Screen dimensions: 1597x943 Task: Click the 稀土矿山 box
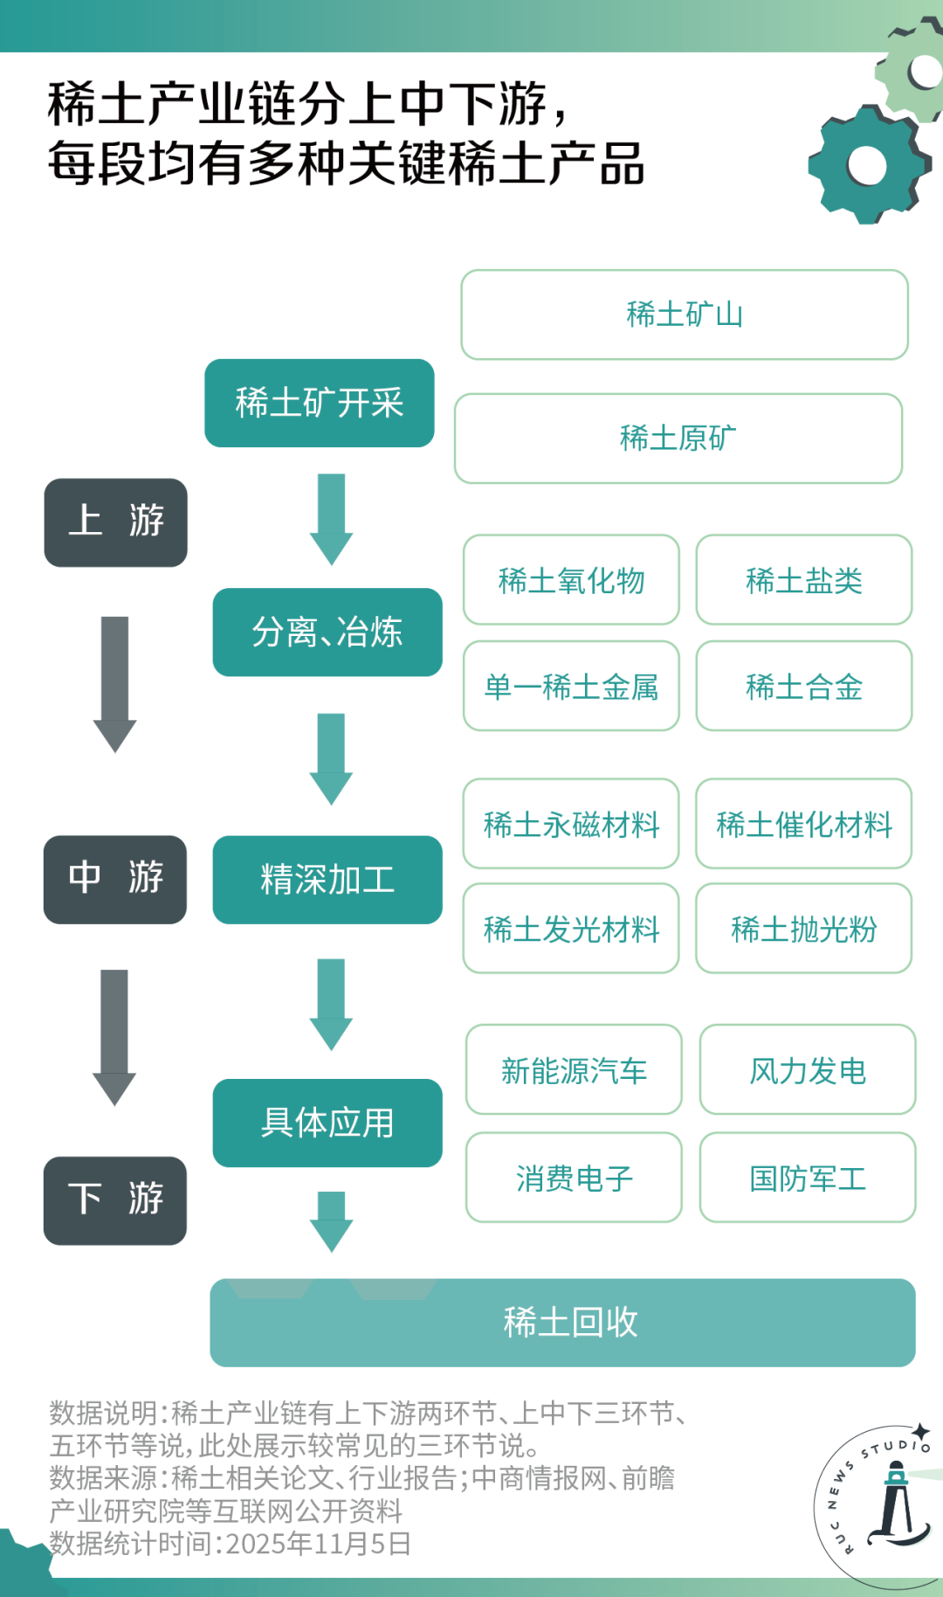685,315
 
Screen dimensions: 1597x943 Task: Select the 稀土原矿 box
678,438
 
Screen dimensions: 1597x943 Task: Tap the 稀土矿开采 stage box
320,403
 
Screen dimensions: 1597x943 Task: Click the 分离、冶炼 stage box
327,632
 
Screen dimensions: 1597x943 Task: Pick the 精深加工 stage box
327,880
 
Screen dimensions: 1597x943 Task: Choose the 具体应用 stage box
327,1123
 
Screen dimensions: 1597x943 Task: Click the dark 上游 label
116,522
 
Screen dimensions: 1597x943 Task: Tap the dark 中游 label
115,879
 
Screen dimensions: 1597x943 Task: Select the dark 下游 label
115,1200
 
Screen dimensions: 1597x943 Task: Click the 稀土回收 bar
563,1323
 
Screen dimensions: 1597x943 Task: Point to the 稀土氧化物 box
571,580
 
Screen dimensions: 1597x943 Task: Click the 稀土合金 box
804,687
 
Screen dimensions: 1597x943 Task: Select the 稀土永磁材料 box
571,824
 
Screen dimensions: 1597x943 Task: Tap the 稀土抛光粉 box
804,929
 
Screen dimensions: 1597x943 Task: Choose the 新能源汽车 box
574,1070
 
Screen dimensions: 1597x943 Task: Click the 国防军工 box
808,1178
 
